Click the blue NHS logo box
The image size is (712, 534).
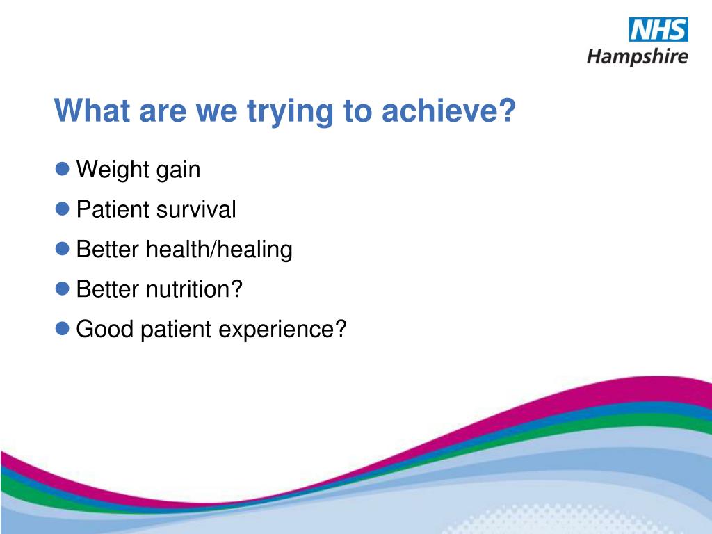[658, 29]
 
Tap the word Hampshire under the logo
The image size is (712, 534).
[638, 57]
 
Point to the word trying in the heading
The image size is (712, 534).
[290, 112]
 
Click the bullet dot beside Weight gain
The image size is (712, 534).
[62, 169]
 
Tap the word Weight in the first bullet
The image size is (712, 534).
[113, 170]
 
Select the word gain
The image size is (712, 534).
[178, 171]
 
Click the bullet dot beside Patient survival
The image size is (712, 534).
[62, 209]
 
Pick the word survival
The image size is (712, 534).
[196, 209]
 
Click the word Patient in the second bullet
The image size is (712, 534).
[113, 209]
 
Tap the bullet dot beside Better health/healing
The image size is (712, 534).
[62, 249]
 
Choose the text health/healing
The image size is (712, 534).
[219, 250]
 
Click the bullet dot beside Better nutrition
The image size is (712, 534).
[62, 289]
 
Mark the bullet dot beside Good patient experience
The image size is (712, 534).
[62, 328]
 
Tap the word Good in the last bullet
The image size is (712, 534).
[105, 329]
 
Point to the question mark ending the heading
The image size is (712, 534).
[506, 110]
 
